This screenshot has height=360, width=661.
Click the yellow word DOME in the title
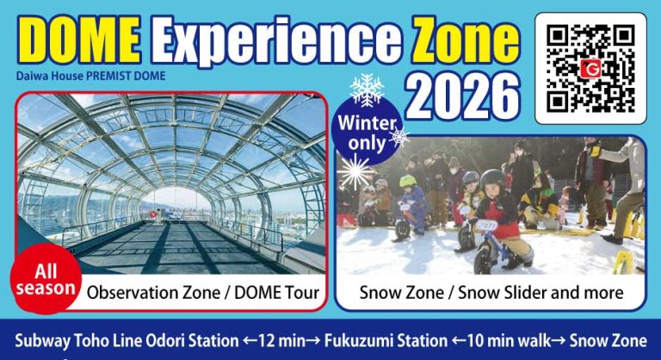[79, 41]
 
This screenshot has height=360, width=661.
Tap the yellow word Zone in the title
[466, 41]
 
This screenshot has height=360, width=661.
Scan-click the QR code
[590, 68]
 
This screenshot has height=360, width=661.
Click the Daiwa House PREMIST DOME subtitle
[90, 76]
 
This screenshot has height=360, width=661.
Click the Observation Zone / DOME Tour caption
[203, 293]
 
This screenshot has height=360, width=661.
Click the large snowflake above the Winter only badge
[367, 90]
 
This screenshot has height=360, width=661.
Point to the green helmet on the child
[407, 182]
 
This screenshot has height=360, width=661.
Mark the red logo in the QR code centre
[590, 68]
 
